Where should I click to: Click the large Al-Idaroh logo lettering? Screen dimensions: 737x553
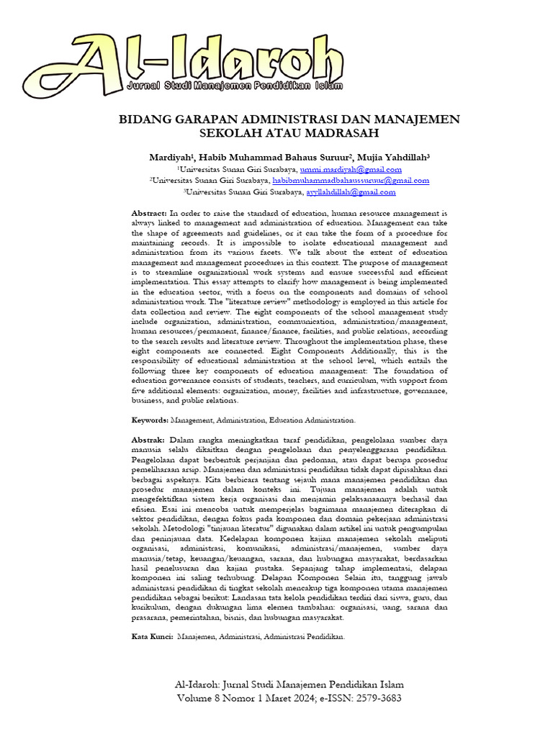point(187,54)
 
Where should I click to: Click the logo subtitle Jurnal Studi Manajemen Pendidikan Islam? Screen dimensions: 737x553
point(234,86)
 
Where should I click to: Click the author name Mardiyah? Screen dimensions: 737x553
point(170,157)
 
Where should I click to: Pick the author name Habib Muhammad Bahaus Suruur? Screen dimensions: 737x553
point(274,157)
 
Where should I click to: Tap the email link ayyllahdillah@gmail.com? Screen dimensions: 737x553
point(351,192)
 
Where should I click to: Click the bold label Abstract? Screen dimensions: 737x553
point(149,214)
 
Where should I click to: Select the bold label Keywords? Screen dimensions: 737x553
point(149,419)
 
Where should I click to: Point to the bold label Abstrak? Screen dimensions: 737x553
point(148,439)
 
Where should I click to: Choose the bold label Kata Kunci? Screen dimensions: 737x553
point(152,637)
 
